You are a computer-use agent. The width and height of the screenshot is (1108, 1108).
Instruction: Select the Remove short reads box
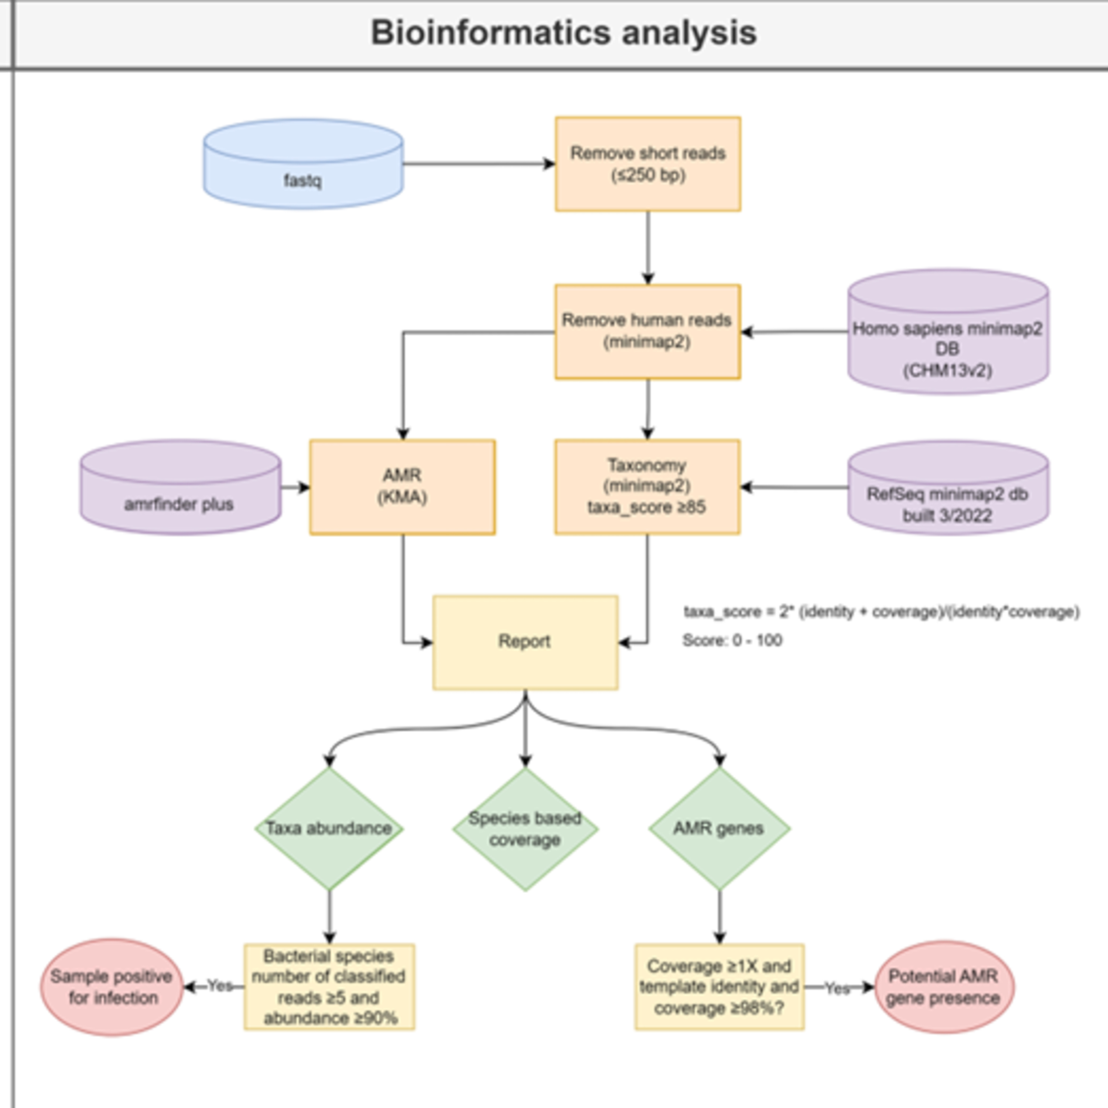[647, 164]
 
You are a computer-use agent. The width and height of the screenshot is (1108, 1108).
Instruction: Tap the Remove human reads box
[647, 332]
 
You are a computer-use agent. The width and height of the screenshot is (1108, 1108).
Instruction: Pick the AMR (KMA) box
[403, 487]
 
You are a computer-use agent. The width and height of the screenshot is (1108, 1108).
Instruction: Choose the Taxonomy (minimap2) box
[647, 487]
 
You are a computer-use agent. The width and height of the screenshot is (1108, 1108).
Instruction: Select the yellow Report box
[525, 642]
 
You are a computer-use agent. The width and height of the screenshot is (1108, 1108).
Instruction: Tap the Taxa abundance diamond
[329, 828]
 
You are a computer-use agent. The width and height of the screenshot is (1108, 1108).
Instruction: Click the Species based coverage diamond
[525, 828]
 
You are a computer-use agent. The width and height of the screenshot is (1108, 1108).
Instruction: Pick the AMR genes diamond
[719, 828]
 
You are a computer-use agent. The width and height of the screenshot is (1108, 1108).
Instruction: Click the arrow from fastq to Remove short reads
[479, 164]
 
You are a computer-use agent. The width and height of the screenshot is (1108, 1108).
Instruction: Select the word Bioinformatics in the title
[490, 33]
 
